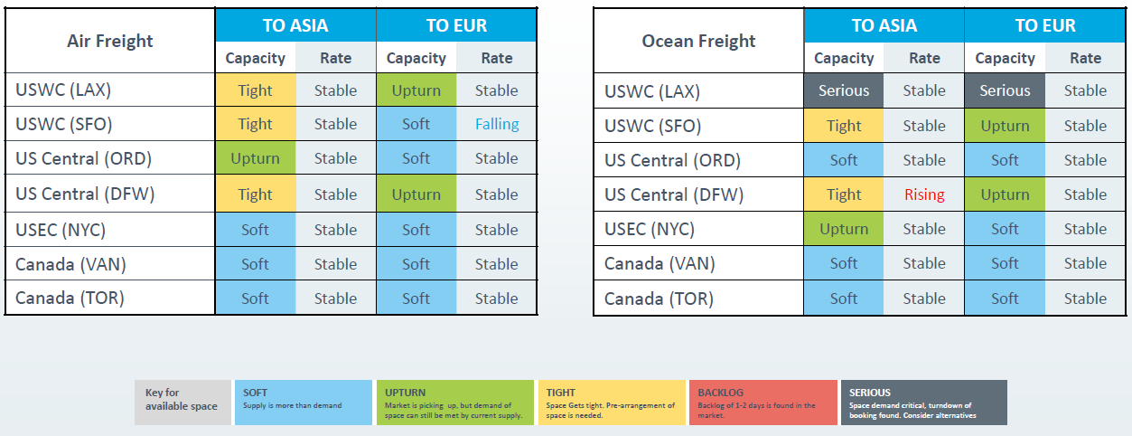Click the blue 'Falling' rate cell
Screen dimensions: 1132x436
pos(497,124)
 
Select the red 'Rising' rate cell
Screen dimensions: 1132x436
pos(924,194)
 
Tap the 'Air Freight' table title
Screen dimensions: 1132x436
pos(109,41)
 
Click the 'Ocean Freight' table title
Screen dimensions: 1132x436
pos(698,41)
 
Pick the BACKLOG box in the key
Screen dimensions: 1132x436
pos(763,403)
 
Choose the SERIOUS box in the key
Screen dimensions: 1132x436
pos(924,403)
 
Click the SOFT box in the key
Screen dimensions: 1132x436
pos(304,403)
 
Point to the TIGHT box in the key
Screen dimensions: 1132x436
pos(612,403)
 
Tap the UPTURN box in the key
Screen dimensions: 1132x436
pos(454,403)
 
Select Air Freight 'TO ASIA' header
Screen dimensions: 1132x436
pos(295,25)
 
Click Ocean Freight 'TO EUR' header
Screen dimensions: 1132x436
pos(1045,25)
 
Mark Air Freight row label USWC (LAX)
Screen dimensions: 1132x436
pos(63,90)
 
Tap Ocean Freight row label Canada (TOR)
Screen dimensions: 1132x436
pos(659,299)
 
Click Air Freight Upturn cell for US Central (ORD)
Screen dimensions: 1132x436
pos(255,158)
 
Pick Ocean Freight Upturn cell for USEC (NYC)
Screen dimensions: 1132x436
pos(844,229)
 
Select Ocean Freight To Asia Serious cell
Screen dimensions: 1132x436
pos(844,90)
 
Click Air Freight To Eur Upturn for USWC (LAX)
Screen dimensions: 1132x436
pos(416,90)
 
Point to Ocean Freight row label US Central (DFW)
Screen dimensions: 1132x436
pos(674,194)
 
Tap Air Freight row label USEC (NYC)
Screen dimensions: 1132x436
pos(61,230)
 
